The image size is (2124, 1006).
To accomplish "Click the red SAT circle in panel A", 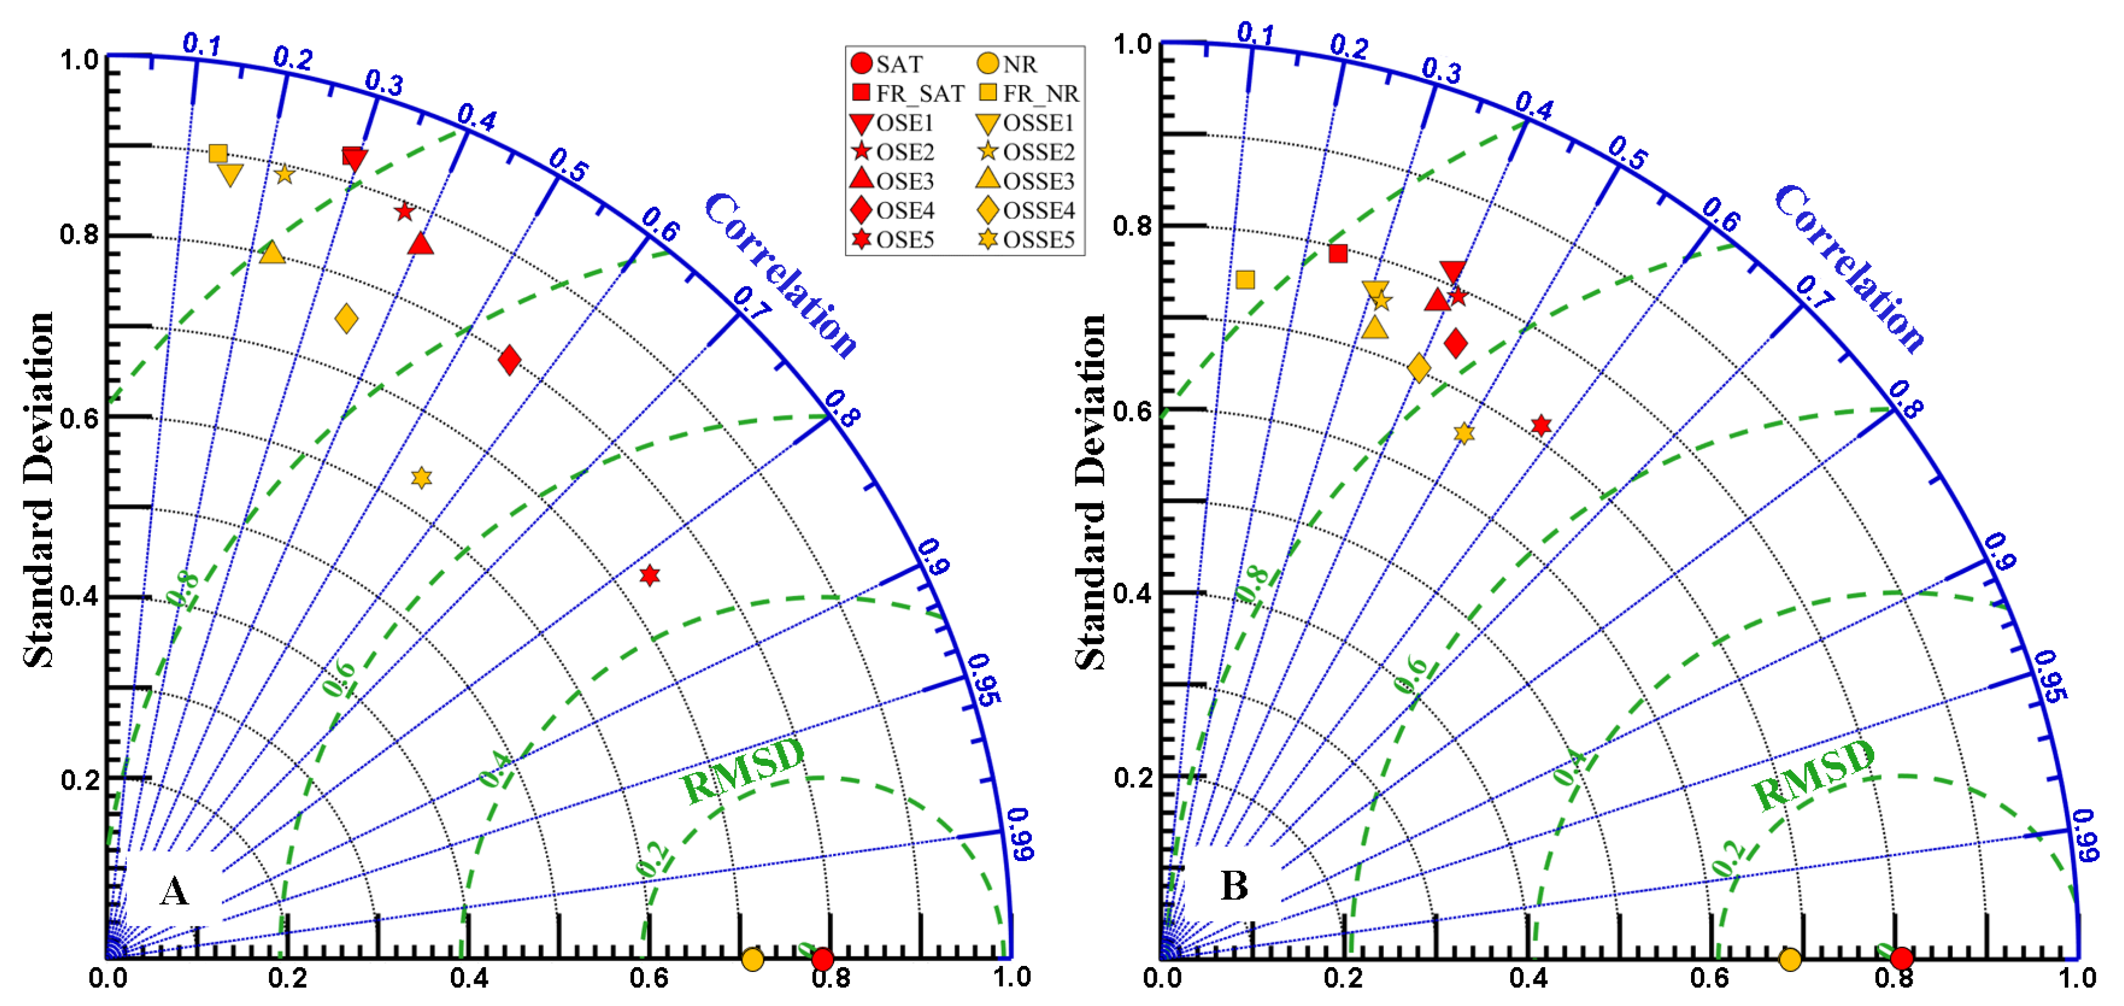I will tap(822, 959).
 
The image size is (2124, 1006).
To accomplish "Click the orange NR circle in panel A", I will tap(752, 959).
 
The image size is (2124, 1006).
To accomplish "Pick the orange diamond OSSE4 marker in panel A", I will tap(346, 319).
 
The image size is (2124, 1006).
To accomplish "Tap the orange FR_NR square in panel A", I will tap(218, 153).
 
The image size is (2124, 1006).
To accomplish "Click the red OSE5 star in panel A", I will tap(650, 575).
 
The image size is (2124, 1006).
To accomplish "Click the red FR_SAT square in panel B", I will tap(1338, 253).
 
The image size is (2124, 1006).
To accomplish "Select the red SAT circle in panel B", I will tap(1901, 958).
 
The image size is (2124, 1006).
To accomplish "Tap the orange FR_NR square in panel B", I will tap(1245, 280).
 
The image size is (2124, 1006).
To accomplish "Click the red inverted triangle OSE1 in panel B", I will tap(1452, 271).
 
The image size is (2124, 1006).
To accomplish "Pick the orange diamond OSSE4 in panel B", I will tap(1418, 368).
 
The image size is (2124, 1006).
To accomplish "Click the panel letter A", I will tap(174, 890).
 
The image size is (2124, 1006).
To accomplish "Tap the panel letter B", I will tap(1234, 886).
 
